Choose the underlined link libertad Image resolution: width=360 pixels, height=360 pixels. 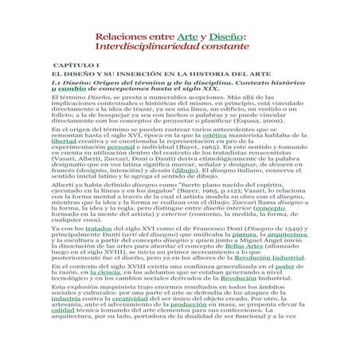(x=61, y=142)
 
